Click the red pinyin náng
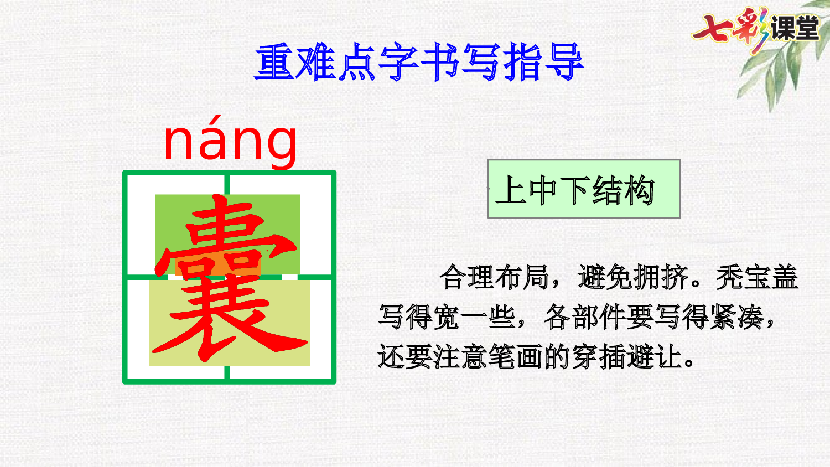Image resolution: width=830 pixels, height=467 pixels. (231, 142)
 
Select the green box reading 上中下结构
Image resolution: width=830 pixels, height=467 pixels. (584, 189)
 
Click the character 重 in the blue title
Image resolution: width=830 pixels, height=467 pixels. (275, 63)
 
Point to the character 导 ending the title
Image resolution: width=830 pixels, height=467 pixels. (564, 63)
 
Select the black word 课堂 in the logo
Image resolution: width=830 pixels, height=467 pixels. (795, 28)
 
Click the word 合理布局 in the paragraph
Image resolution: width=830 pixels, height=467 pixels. (494, 277)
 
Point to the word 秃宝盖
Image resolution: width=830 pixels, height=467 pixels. (757, 277)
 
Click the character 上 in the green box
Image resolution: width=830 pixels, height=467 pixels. (510, 190)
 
